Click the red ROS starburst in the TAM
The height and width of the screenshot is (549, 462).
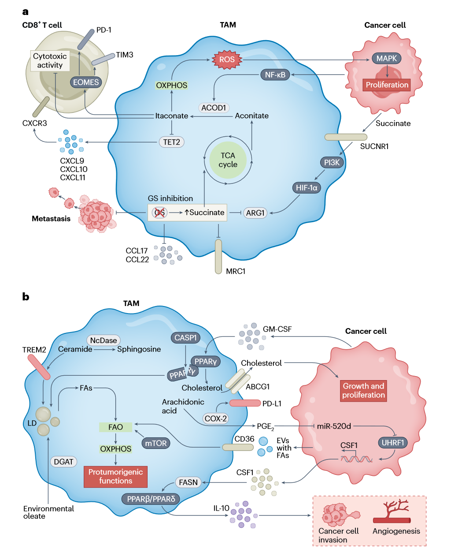(x=227, y=60)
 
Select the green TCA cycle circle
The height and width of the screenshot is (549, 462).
(x=228, y=160)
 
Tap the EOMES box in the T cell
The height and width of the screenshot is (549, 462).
(x=86, y=82)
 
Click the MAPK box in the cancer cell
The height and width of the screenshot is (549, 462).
(x=386, y=58)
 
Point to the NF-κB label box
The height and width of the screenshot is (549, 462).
(x=275, y=75)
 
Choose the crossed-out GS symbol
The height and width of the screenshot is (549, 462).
(x=159, y=213)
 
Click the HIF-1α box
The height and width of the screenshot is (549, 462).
(x=306, y=187)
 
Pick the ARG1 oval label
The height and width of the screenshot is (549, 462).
(x=255, y=213)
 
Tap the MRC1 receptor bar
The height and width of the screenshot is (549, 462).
(x=218, y=256)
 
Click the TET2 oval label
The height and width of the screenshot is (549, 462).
(x=171, y=142)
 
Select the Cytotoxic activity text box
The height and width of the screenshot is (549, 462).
(x=50, y=61)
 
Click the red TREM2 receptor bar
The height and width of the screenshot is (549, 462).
(x=39, y=366)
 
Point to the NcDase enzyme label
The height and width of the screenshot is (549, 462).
(x=103, y=340)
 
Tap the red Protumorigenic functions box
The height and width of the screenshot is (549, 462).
(x=115, y=477)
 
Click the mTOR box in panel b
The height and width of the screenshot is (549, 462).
(x=155, y=443)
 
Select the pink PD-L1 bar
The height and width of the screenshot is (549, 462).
(x=245, y=403)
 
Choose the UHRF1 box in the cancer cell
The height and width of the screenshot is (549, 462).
(x=393, y=442)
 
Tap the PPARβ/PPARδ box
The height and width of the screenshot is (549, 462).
(x=151, y=499)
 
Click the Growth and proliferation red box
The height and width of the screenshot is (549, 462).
(x=363, y=390)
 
